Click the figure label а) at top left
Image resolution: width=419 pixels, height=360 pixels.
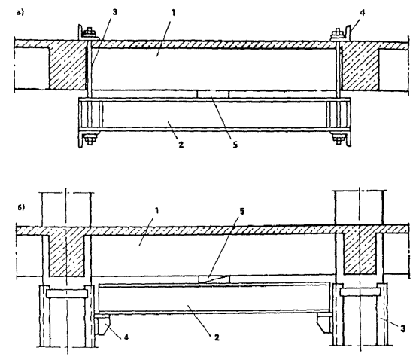[x=20, y=13]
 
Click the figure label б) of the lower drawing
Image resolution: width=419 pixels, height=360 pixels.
[x=21, y=207]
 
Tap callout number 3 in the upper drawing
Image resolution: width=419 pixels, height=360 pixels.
[x=114, y=12]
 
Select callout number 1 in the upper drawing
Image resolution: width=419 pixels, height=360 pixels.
[x=173, y=13]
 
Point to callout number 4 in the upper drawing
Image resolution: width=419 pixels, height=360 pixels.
[x=363, y=12]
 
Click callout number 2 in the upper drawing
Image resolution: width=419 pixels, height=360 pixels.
[x=181, y=145]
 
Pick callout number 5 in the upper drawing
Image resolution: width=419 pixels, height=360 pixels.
[x=235, y=145]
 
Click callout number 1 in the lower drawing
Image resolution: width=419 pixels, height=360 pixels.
[x=157, y=210]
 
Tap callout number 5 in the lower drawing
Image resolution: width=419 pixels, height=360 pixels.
[x=241, y=212]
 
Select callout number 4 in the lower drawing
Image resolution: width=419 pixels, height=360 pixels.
[x=126, y=337]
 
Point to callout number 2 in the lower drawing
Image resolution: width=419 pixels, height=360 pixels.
[x=217, y=338]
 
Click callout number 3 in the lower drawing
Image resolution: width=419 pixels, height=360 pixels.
[x=402, y=328]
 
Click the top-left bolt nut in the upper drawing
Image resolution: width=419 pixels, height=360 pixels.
[x=90, y=32]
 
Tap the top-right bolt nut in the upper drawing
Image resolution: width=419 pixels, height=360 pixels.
[x=337, y=32]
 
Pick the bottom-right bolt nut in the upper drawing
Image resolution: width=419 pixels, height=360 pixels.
[x=338, y=139]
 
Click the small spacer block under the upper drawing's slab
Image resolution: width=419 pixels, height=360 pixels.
[x=213, y=94]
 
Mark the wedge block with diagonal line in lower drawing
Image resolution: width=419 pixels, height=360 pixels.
[x=214, y=279]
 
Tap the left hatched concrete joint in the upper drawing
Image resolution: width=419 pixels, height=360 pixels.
[x=68, y=66]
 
